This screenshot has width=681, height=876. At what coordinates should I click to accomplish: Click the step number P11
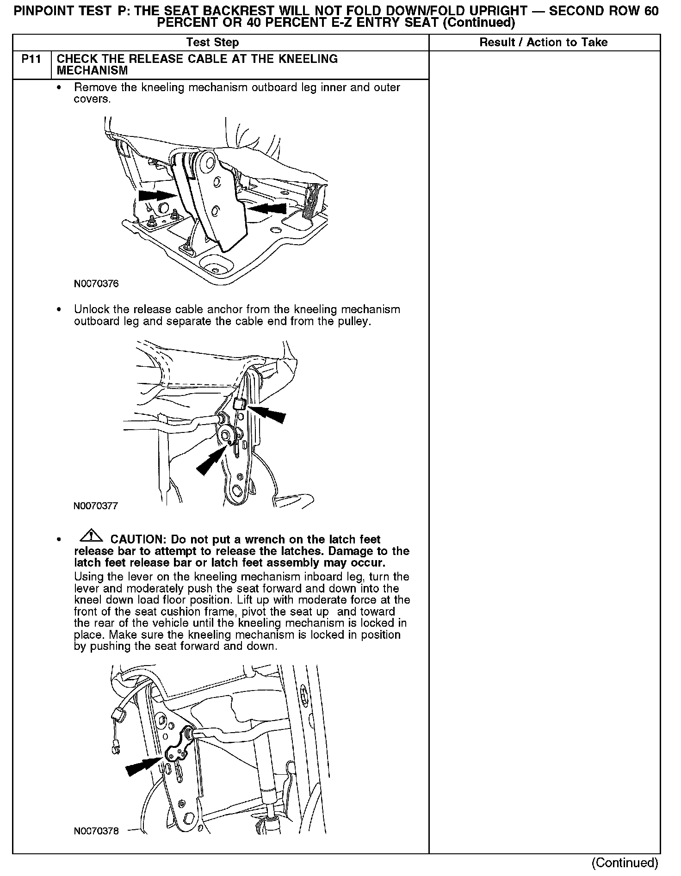click(31, 59)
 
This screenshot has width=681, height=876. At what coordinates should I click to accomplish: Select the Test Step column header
click(212, 43)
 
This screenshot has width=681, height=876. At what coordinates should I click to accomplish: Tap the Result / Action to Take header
click(544, 43)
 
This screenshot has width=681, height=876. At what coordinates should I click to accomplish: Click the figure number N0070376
click(96, 284)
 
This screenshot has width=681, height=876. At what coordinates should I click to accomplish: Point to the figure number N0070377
click(96, 506)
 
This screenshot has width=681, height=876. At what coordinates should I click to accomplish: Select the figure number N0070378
click(96, 831)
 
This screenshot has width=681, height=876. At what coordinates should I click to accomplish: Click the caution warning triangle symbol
click(91, 536)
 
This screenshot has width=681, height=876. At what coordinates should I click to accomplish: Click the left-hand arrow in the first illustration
click(158, 195)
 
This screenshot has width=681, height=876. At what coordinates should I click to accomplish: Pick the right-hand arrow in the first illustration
click(267, 208)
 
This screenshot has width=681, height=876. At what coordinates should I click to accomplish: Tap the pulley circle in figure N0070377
click(226, 435)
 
